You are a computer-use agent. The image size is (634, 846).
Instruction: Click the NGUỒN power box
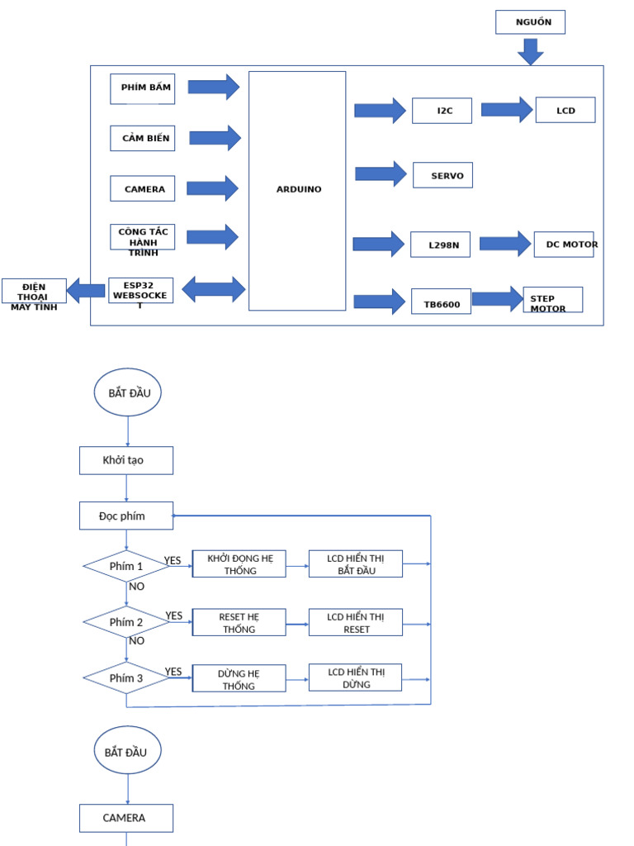coord(530,22)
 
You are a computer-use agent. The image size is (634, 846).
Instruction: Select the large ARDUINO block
coord(297,190)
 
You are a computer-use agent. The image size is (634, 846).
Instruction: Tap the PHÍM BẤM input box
coord(143,88)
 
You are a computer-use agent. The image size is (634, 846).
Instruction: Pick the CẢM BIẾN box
coord(143,138)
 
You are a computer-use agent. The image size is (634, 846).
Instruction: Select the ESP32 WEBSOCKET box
coord(140,291)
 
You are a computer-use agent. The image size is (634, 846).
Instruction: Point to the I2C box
coord(442,111)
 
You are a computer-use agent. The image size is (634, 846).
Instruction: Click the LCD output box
coord(565,110)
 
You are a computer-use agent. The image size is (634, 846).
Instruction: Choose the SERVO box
coord(443,175)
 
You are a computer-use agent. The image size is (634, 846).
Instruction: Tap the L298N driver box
coord(441,245)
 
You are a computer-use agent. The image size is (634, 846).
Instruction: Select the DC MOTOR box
coord(565,245)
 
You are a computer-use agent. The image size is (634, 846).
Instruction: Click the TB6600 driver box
coord(442,302)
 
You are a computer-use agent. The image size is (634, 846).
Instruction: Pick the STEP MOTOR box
coord(552,301)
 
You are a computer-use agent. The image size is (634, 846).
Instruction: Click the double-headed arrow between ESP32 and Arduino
coord(214,289)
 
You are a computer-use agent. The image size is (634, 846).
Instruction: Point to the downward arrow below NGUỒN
coord(531,51)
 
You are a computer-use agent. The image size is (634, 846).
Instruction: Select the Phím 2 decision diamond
coord(126,622)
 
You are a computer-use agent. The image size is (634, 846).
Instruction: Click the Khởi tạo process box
coord(126,460)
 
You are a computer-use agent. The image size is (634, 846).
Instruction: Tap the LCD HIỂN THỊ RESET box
coord(356,623)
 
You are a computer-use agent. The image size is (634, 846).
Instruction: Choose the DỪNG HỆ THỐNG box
coord(239,679)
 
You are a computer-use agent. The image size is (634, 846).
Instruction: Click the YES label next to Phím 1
coord(173,561)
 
